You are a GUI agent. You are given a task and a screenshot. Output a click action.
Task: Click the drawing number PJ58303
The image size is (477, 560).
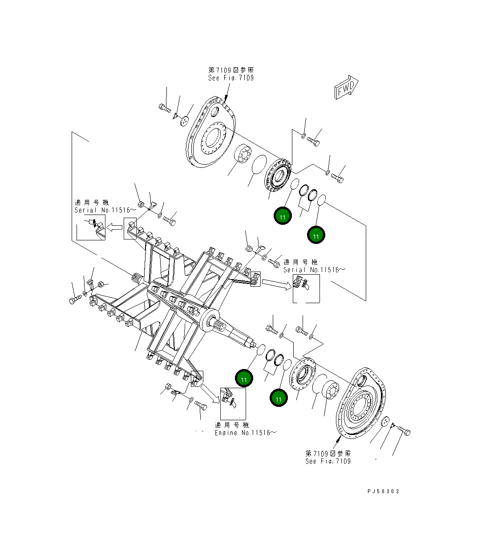tap(383, 491)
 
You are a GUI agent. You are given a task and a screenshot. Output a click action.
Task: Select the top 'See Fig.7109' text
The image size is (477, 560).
tap(231, 78)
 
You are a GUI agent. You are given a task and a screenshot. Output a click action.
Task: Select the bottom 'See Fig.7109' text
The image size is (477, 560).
tap(328, 461)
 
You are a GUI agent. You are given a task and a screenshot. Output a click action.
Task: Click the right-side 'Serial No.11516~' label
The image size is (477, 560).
tap(314, 270)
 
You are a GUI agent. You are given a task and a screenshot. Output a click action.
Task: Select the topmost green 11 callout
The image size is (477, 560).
tap(283, 216)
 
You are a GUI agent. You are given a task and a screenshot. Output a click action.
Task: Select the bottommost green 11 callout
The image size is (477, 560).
tap(278, 399)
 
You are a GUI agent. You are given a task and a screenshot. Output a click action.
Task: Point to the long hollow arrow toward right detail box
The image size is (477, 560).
tap(275, 283)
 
